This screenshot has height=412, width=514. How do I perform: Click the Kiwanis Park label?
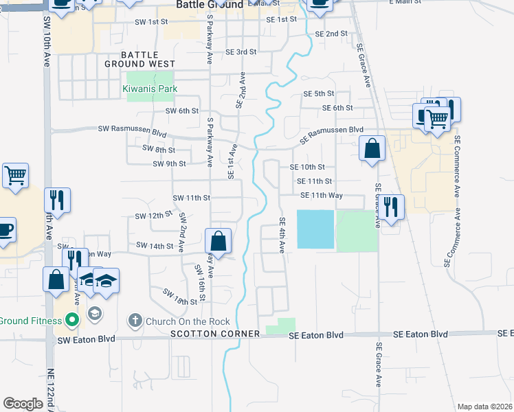pos(150,89)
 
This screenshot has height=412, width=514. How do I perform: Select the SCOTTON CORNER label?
pos(216,334)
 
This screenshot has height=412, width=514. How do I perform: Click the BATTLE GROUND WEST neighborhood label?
pos(140,59)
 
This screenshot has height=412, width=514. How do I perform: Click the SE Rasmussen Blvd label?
pos(332,129)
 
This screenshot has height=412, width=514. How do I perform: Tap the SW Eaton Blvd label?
pos(87,339)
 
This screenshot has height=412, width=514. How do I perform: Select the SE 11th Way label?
pos(321,195)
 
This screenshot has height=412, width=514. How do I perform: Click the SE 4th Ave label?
pos(282,235)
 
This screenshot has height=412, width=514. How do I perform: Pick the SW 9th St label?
pos(169,163)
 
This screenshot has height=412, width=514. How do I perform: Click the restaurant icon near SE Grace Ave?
pos(390,207)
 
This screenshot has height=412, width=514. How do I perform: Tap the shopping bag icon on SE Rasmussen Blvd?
pos(372,149)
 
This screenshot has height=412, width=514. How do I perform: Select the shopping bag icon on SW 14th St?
pos(218,242)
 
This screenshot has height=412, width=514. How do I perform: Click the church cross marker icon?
pos(135,320)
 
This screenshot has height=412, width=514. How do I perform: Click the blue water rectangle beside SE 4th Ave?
pos(315,229)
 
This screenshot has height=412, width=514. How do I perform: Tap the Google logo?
pos(23,404)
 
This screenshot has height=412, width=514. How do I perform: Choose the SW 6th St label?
pos(182,111)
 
